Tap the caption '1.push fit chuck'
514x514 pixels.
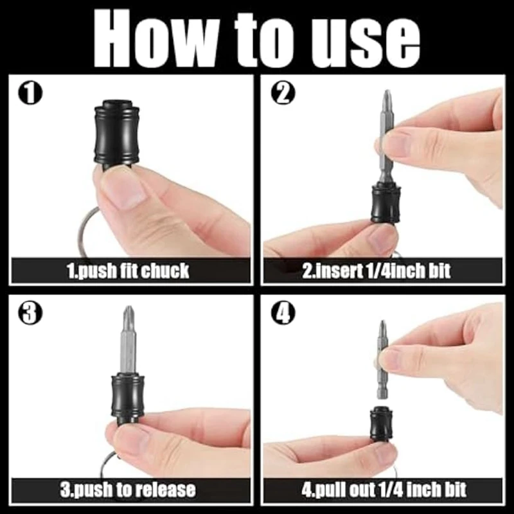(128, 270)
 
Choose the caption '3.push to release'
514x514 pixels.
(128, 490)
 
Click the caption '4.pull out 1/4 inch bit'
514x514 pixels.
(384, 490)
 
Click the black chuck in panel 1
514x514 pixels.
(115, 132)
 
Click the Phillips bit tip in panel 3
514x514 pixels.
(129, 317)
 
